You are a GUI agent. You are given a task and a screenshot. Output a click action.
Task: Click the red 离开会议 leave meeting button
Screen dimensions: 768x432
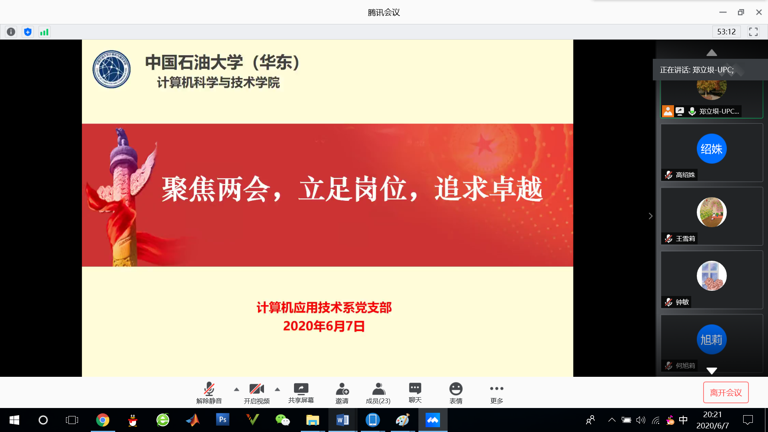726,392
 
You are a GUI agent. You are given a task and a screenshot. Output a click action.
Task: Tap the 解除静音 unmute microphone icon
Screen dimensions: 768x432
209,388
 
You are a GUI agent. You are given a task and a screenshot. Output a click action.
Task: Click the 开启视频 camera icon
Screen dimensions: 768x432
256,388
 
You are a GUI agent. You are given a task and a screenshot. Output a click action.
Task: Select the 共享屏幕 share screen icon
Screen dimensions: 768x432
301,388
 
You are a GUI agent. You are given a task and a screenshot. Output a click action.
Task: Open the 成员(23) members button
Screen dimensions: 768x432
378,393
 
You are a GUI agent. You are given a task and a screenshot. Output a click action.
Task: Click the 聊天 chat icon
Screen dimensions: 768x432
415,388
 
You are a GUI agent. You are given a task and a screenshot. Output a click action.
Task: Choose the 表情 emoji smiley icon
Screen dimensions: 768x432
456,388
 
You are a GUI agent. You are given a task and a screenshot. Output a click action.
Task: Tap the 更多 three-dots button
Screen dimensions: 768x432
496,388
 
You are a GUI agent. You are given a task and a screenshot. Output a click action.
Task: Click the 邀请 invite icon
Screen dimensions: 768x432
342,388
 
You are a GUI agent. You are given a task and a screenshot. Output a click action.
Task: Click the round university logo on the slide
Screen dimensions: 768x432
112,69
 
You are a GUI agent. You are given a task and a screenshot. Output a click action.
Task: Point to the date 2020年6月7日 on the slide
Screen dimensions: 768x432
324,326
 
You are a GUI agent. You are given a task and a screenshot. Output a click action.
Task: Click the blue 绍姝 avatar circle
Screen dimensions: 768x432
712,149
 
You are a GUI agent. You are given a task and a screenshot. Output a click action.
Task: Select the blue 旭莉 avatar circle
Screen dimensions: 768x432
712,339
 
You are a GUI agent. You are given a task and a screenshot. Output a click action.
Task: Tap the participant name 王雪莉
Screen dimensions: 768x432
685,239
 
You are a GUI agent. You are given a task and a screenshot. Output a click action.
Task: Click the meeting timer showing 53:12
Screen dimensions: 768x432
726,32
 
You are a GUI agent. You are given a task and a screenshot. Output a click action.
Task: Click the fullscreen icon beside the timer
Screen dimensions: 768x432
753,32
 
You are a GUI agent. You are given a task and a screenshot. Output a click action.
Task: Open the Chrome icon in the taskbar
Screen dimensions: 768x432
103,420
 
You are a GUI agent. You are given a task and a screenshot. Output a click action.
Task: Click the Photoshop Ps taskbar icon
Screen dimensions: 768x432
222,420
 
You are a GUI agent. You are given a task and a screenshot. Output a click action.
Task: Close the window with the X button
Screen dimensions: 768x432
759,12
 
